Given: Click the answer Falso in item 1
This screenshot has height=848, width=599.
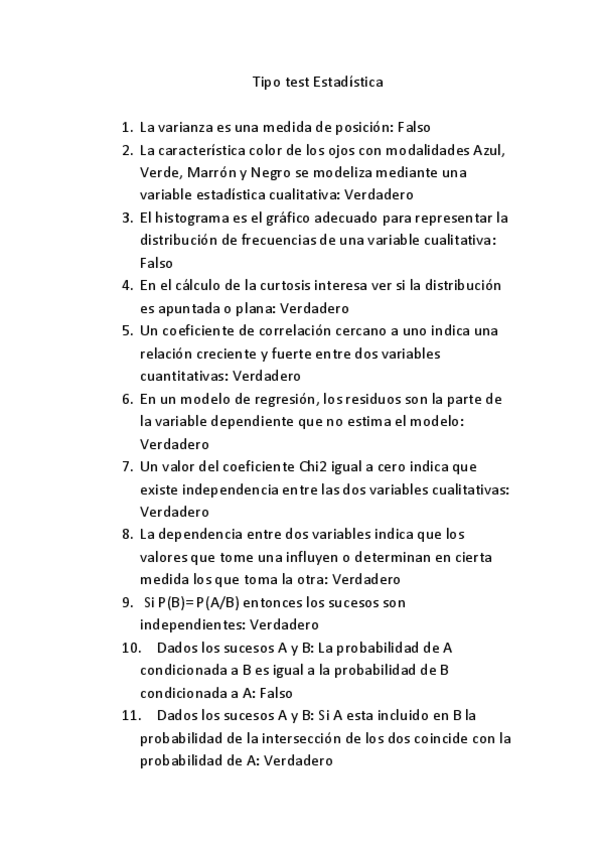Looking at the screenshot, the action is (x=414, y=127).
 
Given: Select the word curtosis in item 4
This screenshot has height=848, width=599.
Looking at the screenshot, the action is (x=289, y=286).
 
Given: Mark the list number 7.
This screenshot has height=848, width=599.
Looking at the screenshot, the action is (x=127, y=466).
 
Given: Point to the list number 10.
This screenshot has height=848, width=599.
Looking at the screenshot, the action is (x=131, y=647).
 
